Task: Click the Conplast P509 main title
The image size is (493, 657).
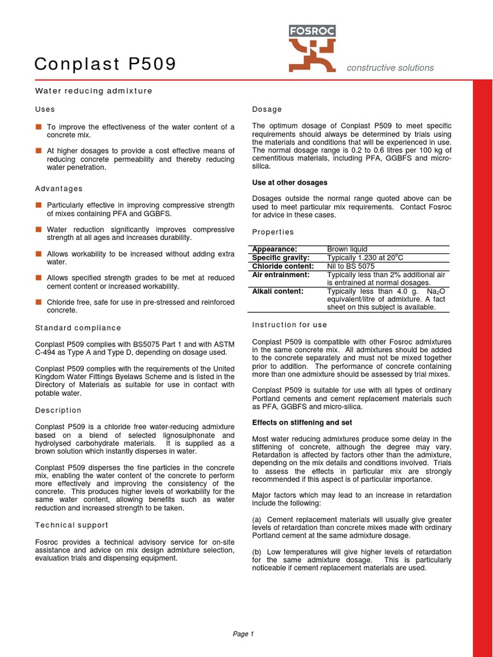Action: pos(105,64)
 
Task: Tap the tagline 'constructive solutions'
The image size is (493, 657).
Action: pos(390,68)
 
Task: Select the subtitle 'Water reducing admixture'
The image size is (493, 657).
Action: pos(93,91)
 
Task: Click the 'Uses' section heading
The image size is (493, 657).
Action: pos(45,110)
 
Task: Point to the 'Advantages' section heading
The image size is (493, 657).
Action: pos(58,189)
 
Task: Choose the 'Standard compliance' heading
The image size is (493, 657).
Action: pos(78,328)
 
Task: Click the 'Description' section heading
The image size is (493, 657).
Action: pos(58,410)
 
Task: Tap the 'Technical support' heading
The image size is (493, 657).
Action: pos(73,525)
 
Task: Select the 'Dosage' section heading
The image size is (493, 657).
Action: pos(267,110)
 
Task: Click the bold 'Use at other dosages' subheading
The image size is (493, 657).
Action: pos(290,183)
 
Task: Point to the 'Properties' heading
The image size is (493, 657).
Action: pos(273,232)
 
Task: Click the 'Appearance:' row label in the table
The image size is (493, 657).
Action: pos(275,249)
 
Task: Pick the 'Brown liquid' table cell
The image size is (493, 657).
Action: pos(347,249)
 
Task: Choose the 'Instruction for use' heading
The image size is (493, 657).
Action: pos(290,325)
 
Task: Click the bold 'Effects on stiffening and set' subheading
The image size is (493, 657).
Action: pos(301,423)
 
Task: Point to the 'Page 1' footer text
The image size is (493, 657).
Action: pos(243,634)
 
